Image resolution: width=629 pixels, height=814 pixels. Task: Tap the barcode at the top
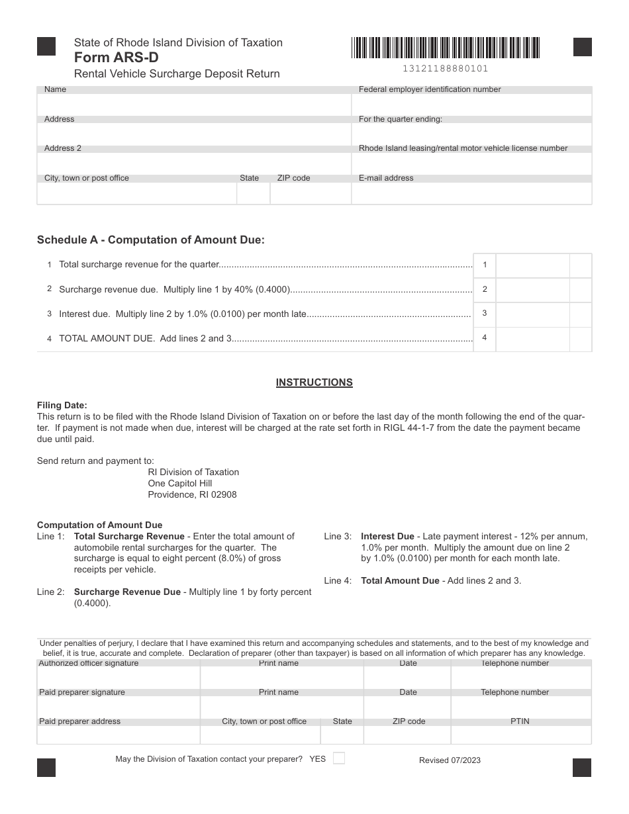pyautogui.click(x=446, y=48)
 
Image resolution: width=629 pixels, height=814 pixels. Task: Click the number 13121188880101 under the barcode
pyautogui.click(x=445, y=68)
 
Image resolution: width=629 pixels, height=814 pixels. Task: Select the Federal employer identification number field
pyautogui.click(x=471, y=105)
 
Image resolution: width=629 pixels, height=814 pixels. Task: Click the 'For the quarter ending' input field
pyautogui.click(x=471, y=134)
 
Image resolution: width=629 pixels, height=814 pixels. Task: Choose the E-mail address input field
pyautogui.click(x=471, y=193)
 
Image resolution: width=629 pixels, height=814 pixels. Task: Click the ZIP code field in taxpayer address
pyautogui.click(x=311, y=193)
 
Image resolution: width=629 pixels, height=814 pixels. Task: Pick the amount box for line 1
pyautogui.click(x=532, y=265)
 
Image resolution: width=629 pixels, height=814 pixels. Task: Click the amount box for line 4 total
pyautogui.click(x=532, y=339)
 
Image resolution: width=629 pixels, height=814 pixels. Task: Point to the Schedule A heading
pyautogui.click(x=150, y=240)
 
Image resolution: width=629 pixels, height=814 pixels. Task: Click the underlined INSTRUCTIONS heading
pyautogui.click(x=314, y=383)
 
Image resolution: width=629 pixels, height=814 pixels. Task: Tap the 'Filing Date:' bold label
pyautogui.click(x=62, y=406)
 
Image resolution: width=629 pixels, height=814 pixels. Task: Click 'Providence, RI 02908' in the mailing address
pyautogui.click(x=192, y=494)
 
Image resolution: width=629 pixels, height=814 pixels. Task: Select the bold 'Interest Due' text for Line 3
pyautogui.click(x=387, y=536)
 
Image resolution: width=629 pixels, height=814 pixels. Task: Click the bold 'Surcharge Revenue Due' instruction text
pyautogui.click(x=127, y=592)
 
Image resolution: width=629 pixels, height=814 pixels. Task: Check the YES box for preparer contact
pyautogui.click(x=338, y=758)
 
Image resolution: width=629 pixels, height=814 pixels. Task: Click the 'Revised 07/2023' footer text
pyautogui.click(x=450, y=760)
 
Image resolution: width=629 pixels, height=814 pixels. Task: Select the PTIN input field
pyautogui.click(x=520, y=735)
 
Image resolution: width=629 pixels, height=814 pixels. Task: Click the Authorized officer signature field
pyautogui.click(x=119, y=678)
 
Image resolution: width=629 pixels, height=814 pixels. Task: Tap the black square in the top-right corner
pyautogui.click(x=582, y=48)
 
